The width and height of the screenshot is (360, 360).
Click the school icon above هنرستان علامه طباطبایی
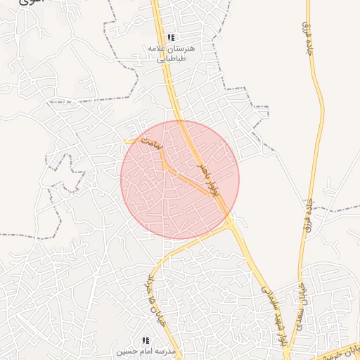click(x=171, y=37)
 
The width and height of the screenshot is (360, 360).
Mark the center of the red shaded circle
click(x=180, y=180)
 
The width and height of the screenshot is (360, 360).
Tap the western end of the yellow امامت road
click(x=126, y=141)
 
